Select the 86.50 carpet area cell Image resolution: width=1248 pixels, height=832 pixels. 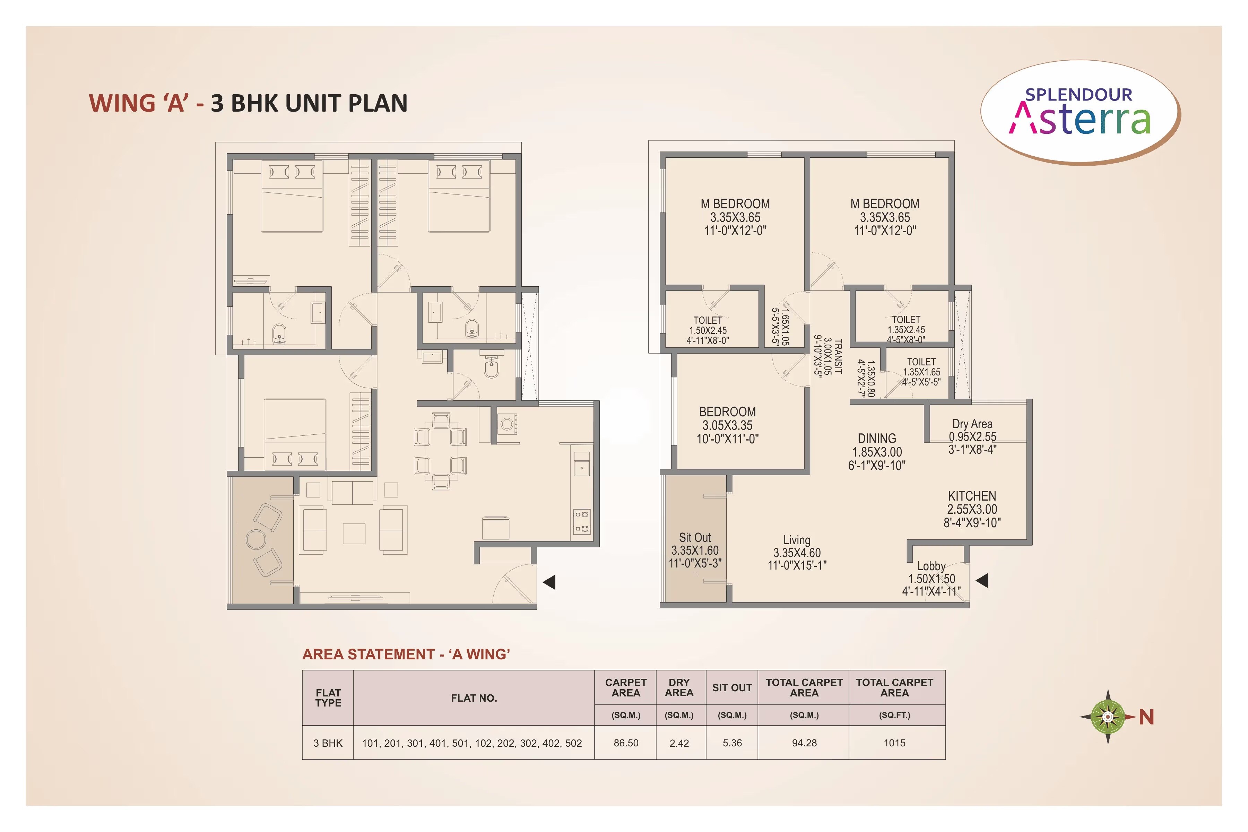tap(626, 743)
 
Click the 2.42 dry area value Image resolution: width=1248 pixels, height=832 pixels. tap(679, 743)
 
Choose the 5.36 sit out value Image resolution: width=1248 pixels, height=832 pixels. tap(732, 743)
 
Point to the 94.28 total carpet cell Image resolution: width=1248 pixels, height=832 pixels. tap(804, 743)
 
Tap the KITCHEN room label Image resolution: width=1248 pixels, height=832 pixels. tap(972, 496)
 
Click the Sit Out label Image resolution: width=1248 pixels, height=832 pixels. tap(695, 538)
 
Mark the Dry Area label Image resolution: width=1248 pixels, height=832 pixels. tap(972, 424)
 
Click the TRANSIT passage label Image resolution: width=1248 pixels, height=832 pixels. tap(838, 357)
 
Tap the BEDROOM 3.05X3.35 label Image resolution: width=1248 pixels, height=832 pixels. tap(727, 412)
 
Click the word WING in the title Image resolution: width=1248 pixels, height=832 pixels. tap(122, 103)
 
